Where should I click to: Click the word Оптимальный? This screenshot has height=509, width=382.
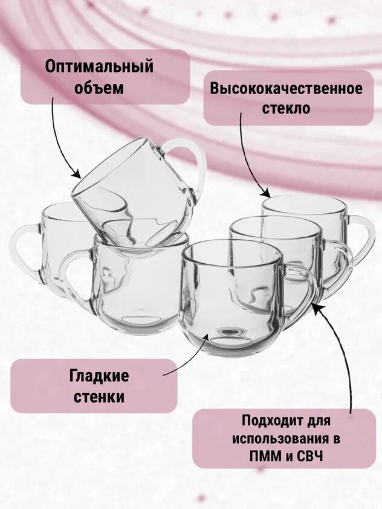[x=99, y=66]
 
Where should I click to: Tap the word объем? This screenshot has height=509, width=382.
[x=99, y=88]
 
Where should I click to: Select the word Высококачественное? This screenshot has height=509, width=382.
[x=286, y=88]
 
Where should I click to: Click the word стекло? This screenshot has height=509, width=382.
[x=286, y=109]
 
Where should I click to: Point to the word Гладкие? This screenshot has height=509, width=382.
[x=99, y=376]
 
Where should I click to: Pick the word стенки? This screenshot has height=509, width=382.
[x=99, y=397]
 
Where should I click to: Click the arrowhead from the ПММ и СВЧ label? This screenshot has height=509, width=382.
[x=316, y=307]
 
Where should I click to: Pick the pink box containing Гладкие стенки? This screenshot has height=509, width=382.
[x=94, y=386]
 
